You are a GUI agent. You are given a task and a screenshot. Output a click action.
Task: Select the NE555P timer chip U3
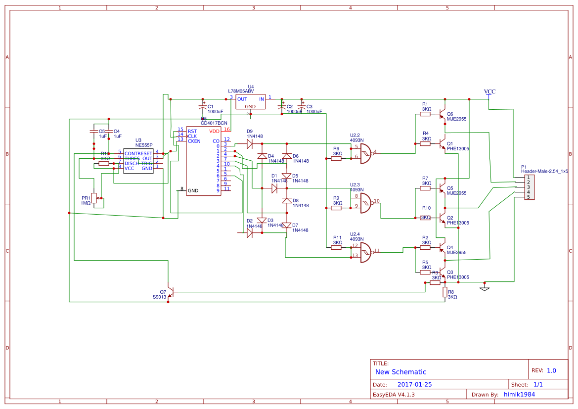pyautogui.click(x=138, y=161)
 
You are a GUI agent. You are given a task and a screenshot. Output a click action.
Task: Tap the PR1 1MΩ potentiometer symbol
pyautogui.click(x=94, y=198)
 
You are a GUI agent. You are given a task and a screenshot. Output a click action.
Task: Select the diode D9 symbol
pyautogui.click(x=250, y=144)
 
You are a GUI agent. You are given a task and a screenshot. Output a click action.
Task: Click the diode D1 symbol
pyautogui.click(x=274, y=188)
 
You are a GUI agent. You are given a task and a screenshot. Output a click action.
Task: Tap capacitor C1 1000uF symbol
pyautogui.click(x=202, y=107)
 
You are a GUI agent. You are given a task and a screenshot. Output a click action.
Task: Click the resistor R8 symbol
pyautogui.click(x=445, y=292)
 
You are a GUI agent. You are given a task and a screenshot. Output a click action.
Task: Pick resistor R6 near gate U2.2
pyautogui.click(x=336, y=159)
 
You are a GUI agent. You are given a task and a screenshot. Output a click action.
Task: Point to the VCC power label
pyautogui.click(x=489, y=92)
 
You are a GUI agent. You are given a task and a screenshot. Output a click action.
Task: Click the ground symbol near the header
pyautogui.click(x=485, y=288)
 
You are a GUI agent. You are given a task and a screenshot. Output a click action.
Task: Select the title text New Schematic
pyautogui.click(x=400, y=372)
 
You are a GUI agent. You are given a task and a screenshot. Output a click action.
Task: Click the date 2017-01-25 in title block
pyautogui.click(x=414, y=384)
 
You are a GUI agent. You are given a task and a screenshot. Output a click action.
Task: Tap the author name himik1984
pyautogui.click(x=519, y=394)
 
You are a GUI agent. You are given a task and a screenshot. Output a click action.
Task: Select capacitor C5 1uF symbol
pyautogui.click(x=93, y=131)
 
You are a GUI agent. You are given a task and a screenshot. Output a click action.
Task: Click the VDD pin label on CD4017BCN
pyautogui.click(x=214, y=131)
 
